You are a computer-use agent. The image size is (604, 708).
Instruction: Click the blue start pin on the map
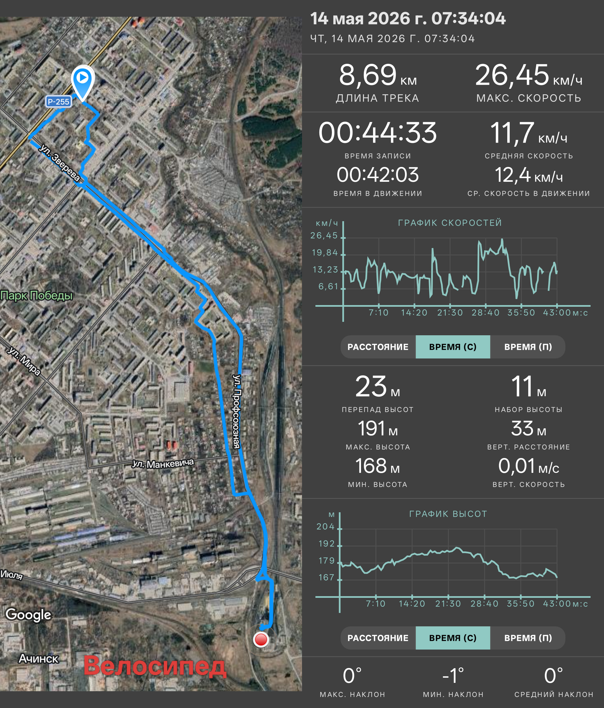pos(82,82)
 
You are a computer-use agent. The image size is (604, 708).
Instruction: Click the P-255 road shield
pos(58,102)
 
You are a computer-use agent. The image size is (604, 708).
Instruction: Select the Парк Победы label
pos(37,295)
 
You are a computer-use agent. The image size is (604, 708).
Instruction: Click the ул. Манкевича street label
pos(163,463)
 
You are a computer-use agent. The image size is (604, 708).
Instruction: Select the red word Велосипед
pos(155,666)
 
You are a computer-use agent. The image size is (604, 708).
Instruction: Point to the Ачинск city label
pos(39,659)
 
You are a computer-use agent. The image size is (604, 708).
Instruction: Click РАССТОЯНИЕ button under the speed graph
pos(378,347)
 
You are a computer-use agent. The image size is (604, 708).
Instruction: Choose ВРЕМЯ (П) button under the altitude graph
pos(528,638)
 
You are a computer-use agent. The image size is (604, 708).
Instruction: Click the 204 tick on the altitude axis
pos(325,527)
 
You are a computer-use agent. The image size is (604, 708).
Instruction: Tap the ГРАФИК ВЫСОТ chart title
pos(448,514)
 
